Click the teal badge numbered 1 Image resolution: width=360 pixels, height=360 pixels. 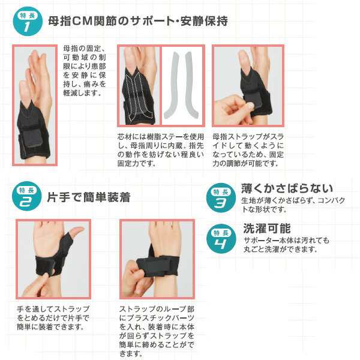tap(28, 22)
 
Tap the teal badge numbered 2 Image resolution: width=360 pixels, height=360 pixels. tap(27, 196)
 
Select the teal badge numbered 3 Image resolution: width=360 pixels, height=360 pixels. tap(221, 197)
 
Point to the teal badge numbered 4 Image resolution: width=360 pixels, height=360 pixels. tap(221, 239)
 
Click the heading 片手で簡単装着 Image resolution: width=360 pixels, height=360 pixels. tap(89, 197)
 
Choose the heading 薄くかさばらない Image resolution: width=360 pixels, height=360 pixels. tap(287, 188)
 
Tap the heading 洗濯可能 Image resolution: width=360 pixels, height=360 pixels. tap(267, 228)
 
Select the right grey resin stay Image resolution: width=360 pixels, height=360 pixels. tap(191, 85)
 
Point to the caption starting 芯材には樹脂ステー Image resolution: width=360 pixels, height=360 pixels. tap(160, 150)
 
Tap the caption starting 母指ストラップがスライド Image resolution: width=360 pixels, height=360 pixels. tap(248, 150)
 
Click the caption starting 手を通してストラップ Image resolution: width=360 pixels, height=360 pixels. tap(53, 318)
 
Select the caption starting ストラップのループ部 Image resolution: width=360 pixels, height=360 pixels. tap(157, 331)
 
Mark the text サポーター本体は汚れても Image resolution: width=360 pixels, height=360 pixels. tap(286, 241)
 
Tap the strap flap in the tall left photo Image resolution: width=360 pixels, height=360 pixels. tap(33, 138)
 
